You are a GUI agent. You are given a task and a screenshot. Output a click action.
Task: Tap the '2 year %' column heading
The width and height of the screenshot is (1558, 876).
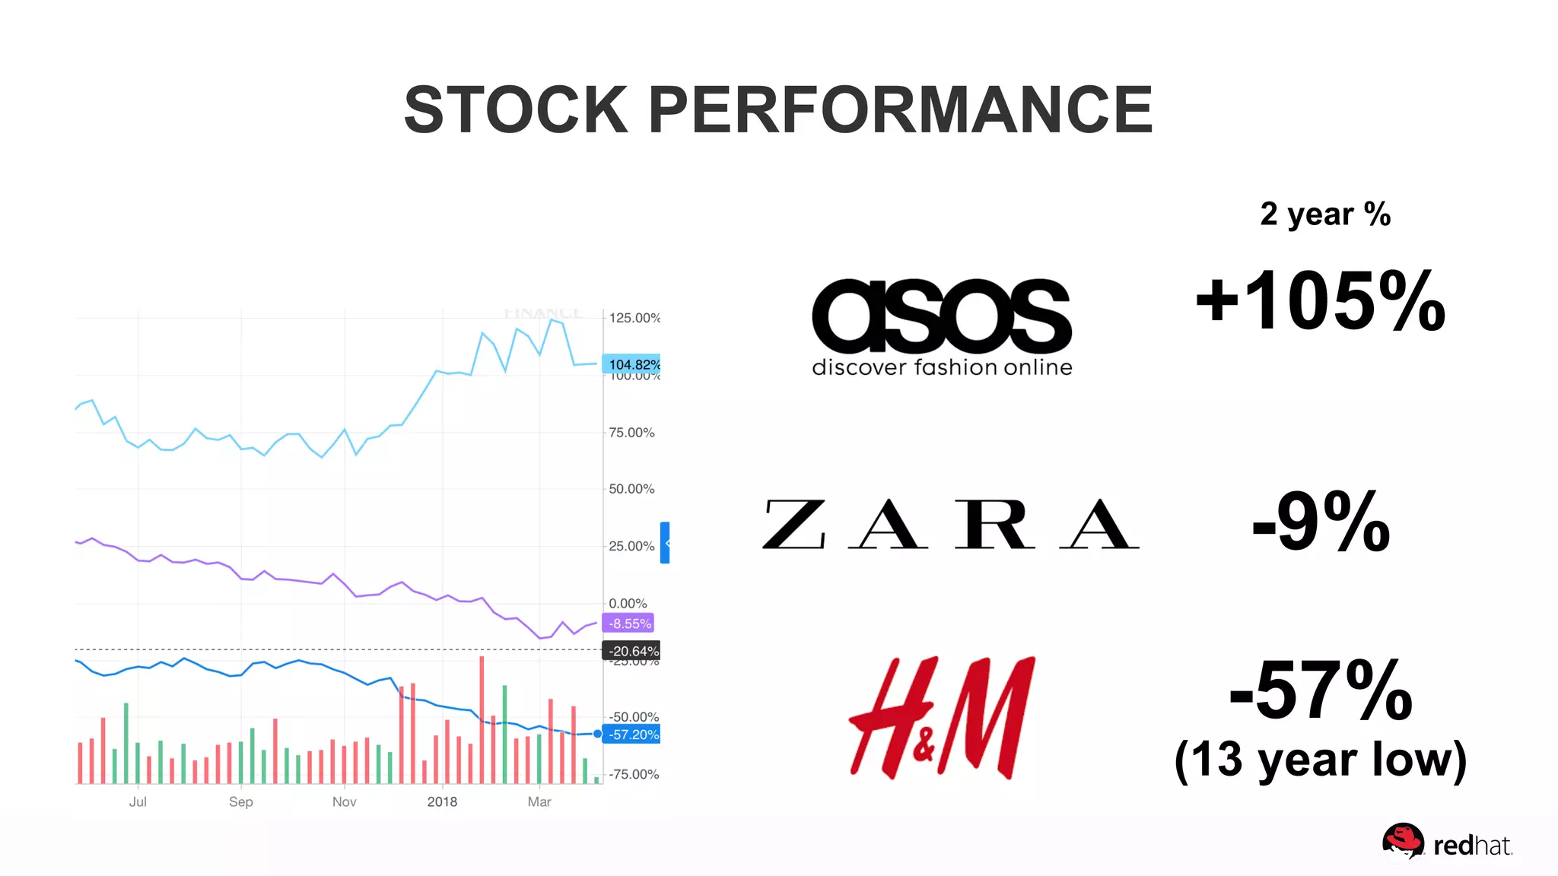coord(1324,214)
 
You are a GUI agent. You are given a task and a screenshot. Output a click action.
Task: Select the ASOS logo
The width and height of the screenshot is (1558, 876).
coord(942,325)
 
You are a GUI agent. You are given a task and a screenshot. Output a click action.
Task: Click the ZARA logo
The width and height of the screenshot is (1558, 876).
coord(950,524)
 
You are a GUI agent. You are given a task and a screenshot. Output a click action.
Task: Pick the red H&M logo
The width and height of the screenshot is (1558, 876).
coord(942,717)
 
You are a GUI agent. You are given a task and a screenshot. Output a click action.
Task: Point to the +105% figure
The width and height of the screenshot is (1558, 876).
coord(1320,302)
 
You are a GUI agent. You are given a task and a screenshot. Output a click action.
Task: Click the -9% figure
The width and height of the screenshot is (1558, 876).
coord(1321,522)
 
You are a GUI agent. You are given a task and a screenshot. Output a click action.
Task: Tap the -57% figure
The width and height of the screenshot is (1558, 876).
coord(1321,690)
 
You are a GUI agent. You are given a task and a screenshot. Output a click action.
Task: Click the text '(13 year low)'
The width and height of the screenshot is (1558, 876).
coord(1321,760)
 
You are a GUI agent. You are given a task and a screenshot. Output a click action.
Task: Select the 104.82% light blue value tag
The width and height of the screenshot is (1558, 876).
coord(632,364)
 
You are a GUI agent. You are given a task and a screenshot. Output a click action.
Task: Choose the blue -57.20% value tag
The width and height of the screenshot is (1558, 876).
coord(632,735)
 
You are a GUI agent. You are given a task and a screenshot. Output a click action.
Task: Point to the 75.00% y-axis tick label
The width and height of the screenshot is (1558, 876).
coord(631,433)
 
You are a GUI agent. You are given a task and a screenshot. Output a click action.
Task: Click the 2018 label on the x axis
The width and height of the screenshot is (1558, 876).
coord(442,801)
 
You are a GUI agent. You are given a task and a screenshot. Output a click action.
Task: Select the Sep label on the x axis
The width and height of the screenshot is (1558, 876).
coord(240,801)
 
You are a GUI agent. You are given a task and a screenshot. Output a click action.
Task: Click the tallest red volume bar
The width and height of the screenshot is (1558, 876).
coord(482,719)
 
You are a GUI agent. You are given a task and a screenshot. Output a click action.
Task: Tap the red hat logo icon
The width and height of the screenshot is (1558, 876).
coord(1402,841)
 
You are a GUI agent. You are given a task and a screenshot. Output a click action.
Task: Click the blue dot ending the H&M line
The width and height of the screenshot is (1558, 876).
coord(597,734)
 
